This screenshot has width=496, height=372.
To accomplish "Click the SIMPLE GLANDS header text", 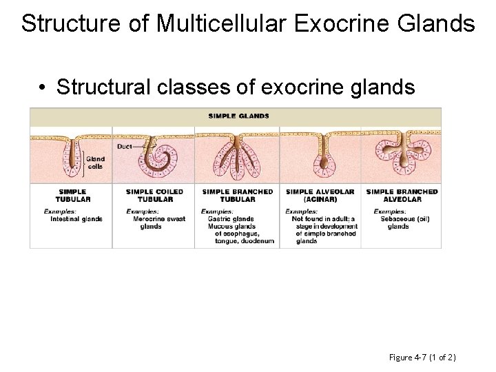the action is pyautogui.click(x=238, y=116).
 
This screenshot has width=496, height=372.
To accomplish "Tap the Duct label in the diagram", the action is pyautogui.click(x=125, y=146).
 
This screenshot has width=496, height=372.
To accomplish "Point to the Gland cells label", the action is pyautogui.click(x=96, y=163).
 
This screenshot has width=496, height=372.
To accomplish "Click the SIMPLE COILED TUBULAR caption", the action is pyautogui.click(x=154, y=196).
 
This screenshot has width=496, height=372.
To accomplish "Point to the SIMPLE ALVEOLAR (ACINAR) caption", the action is pyautogui.click(x=320, y=196).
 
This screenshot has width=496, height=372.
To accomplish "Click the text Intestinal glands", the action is pyautogui.click(x=76, y=219).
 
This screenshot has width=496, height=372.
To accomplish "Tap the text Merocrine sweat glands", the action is pyautogui.click(x=160, y=223).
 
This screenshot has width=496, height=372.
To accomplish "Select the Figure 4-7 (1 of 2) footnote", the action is pyautogui.click(x=423, y=357).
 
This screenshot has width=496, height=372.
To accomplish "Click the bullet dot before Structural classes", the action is pyautogui.click(x=42, y=88).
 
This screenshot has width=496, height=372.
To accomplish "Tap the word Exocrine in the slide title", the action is pyautogui.click(x=333, y=23).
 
